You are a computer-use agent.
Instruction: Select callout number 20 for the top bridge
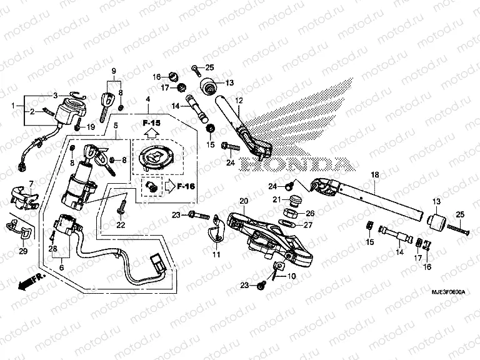tap(243, 200)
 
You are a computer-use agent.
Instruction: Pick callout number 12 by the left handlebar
tap(238, 100)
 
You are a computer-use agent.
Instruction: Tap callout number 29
tap(23, 251)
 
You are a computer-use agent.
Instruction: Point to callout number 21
tap(276, 199)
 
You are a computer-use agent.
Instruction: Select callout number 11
tap(216, 255)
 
